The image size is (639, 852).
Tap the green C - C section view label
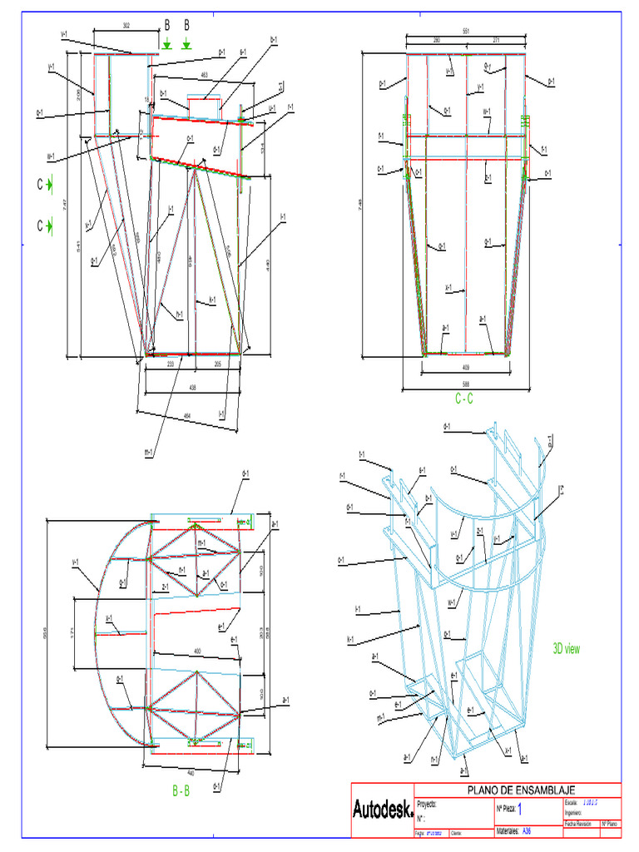[463, 399]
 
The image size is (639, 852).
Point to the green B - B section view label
[181, 791]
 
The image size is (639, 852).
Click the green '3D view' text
[567, 648]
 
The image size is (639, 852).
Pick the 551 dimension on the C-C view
[466, 32]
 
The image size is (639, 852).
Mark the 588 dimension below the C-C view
[466, 384]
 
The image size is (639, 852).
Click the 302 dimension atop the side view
[126, 27]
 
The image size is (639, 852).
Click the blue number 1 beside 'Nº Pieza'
[521, 808]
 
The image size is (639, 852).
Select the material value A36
[527, 830]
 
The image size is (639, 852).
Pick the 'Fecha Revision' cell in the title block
[578, 824]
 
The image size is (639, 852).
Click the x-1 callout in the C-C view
[448, 289]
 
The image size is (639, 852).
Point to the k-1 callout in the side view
[212, 300]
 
